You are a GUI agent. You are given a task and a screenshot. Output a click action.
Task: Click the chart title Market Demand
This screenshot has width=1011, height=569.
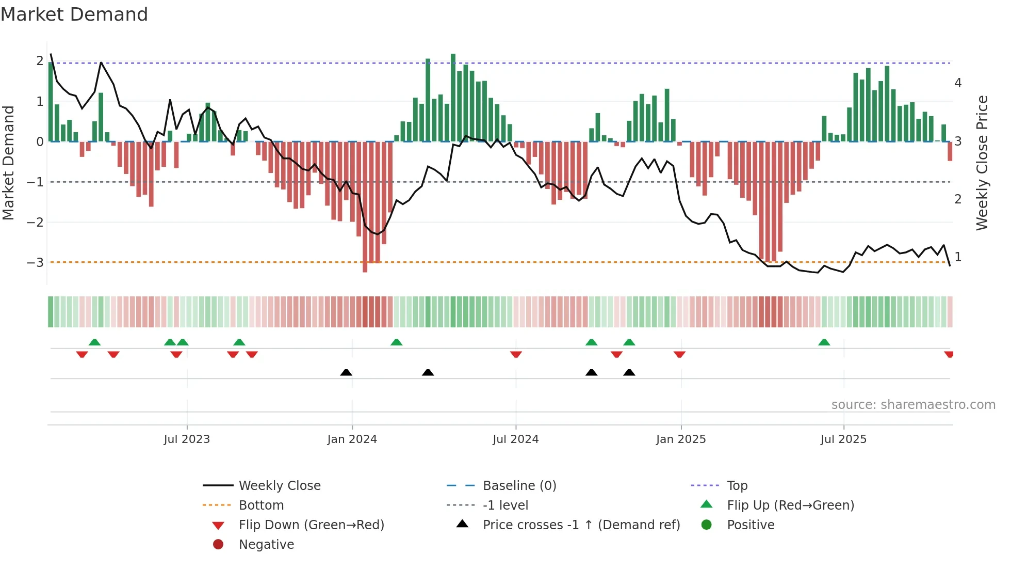(74, 14)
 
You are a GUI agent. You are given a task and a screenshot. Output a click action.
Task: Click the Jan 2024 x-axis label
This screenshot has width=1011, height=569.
(352, 439)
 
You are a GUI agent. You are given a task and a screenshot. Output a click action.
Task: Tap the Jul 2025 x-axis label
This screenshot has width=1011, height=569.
(843, 439)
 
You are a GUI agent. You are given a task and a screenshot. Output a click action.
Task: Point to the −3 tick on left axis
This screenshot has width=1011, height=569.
(36, 262)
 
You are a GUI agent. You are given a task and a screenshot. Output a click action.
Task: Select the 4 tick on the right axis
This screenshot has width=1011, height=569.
(958, 83)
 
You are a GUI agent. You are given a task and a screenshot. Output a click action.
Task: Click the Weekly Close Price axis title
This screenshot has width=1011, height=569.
(982, 163)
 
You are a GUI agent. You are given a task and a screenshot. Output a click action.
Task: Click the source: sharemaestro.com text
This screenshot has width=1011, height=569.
(913, 405)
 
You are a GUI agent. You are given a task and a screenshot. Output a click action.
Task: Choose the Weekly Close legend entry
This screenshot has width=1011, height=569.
(279, 486)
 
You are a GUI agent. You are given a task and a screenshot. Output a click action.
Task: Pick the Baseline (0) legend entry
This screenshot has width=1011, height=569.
(519, 486)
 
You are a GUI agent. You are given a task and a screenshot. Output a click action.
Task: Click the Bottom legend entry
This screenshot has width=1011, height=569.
(261, 505)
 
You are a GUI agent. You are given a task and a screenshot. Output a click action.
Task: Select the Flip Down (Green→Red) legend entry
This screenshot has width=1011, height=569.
(311, 525)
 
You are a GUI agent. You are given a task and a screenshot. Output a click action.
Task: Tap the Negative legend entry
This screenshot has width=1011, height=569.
(266, 545)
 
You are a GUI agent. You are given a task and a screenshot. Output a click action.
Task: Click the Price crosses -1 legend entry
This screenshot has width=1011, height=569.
(581, 525)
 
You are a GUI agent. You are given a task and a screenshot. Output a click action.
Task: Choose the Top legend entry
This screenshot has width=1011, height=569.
(737, 486)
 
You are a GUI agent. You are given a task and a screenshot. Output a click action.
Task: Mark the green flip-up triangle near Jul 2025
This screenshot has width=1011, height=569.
(824, 342)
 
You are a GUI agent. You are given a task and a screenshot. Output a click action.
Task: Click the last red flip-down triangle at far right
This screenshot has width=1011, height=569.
(949, 354)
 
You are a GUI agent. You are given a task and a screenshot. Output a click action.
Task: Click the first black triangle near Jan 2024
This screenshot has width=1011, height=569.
(346, 372)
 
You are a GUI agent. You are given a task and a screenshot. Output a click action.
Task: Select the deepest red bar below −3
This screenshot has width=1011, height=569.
(365, 207)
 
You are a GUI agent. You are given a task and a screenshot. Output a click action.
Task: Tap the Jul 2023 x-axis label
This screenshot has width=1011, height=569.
(187, 439)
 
